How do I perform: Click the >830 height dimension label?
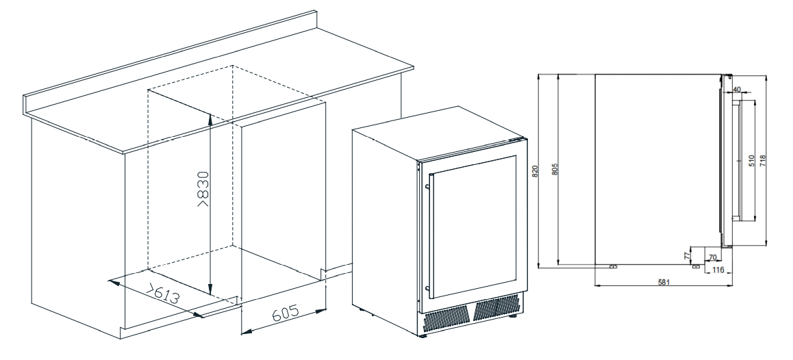point(203,189)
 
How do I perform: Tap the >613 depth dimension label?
point(163,294)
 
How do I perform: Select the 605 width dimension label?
point(286,313)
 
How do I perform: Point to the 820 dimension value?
point(535,170)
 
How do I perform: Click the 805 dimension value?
point(555,169)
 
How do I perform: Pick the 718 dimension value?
point(763,161)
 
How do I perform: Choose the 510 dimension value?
point(751,161)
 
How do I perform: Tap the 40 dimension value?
point(737,90)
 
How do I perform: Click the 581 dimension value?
point(664,282)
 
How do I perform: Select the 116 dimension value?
point(718,270)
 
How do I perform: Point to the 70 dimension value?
point(712,257)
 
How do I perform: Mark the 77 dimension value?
point(687,256)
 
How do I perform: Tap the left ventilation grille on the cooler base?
point(446,319)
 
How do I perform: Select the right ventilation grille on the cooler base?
point(496,307)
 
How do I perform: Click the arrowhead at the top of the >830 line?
point(210,116)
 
